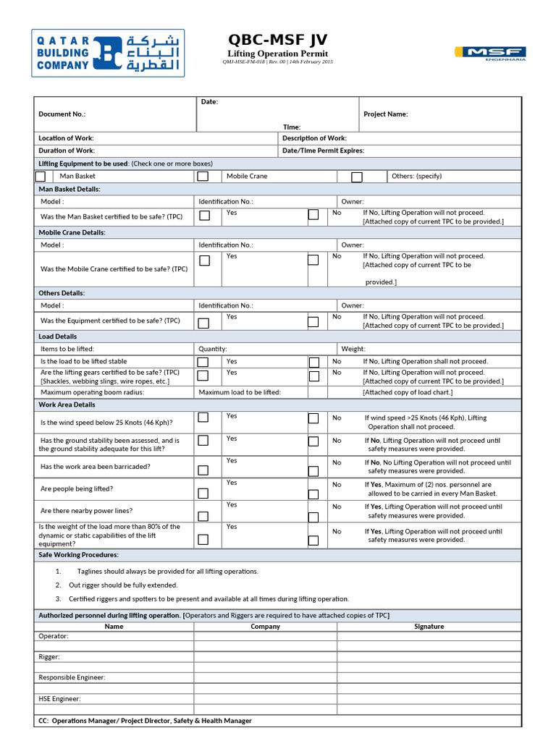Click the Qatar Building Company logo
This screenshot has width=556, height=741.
pyautogui.click(x=108, y=53)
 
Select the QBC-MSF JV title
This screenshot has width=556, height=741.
pyautogui.click(x=277, y=39)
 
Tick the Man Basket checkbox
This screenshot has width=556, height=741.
pyautogui.click(x=41, y=177)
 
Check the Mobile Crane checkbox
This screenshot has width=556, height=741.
pyautogui.click(x=203, y=177)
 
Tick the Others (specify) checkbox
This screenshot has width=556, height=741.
pyautogui.click(x=356, y=177)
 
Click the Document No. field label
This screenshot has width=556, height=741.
pyautogui.click(x=62, y=114)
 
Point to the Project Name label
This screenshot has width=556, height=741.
pyautogui.click(x=385, y=114)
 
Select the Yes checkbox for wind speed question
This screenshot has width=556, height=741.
pyautogui.click(x=203, y=418)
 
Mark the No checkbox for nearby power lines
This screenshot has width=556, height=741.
pyautogui.click(x=313, y=517)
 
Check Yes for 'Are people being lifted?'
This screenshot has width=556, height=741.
pyautogui.click(x=203, y=494)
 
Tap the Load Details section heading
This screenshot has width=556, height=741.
pyautogui.click(x=58, y=336)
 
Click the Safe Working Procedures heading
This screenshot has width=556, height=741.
pyautogui.click(x=78, y=555)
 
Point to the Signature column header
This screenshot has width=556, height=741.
pyautogui.click(x=429, y=627)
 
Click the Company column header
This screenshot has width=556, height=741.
pyautogui.click(x=265, y=627)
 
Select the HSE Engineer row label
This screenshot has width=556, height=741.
pyautogui.click(x=59, y=699)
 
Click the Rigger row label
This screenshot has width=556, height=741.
pyautogui.click(x=49, y=657)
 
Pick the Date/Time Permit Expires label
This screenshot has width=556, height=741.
pyautogui.click(x=323, y=151)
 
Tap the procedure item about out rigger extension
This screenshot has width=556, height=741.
pyautogui.click(x=123, y=585)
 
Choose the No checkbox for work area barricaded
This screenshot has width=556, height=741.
pyautogui.click(x=313, y=472)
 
